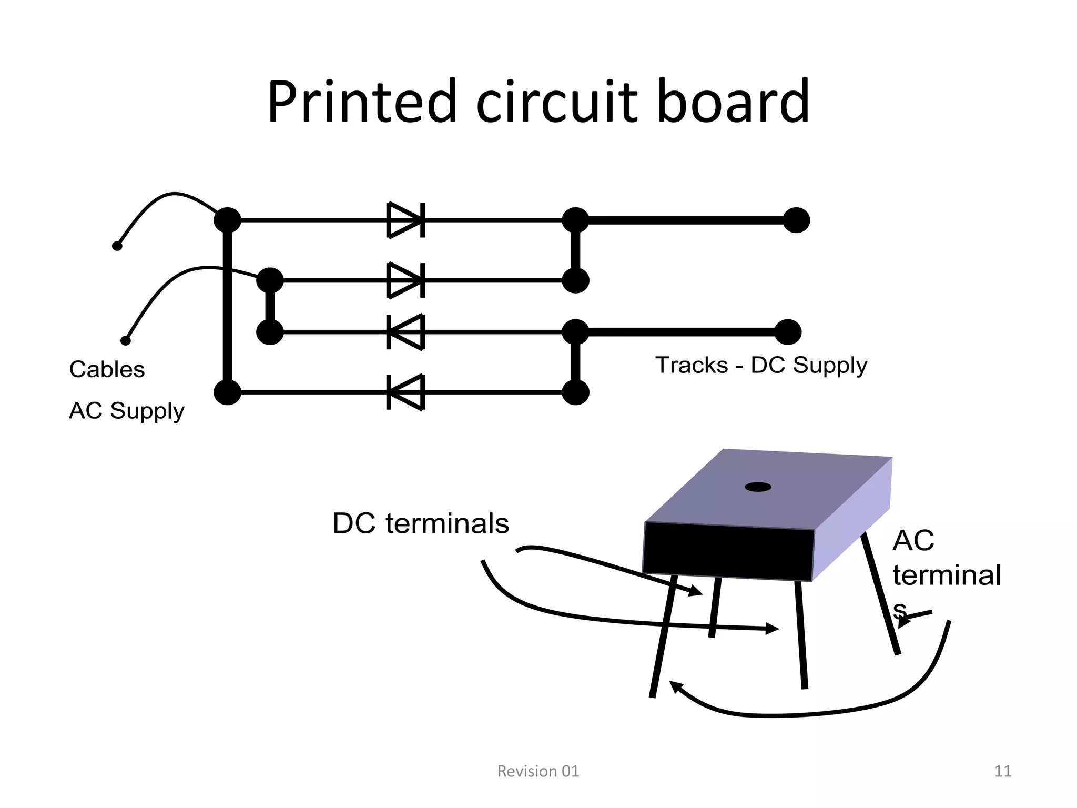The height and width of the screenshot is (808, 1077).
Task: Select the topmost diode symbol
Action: pyautogui.click(x=405, y=220)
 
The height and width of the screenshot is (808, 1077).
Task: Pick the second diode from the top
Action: pyautogui.click(x=405, y=280)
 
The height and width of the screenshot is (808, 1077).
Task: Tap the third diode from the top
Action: pyautogui.click(x=405, y=332)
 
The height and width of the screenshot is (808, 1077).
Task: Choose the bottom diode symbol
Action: pyautogui.click(x=405, y=392)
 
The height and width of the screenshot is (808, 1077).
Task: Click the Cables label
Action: pyautogui.click(x=107, y=369)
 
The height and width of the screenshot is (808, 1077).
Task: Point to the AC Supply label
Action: pyautogui.click(x=126, y=411)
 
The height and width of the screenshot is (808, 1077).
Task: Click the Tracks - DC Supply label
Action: pyautogui.click(x=761, y=365)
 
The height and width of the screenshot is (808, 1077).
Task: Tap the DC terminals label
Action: pyautogui.click(x=421, y=523)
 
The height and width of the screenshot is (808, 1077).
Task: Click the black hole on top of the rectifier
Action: pyautogui.click(x=758, y=487)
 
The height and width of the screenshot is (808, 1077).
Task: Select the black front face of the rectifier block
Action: pyautogui.click(x=728, y=551)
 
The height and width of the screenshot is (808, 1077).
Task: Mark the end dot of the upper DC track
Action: pyautogui.click(x=796, y=220)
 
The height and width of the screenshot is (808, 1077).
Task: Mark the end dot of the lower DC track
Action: pyautogui.click(x=788, y=332)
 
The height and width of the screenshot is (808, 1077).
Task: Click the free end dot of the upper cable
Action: pyautogui.click(x=117, y=246)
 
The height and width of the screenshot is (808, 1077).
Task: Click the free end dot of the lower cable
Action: pyautogui.click(x=126, y=340)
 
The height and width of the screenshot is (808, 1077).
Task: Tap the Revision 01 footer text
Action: pyautogui.click(x=538, y=771)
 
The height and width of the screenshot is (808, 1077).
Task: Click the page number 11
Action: pyautogui.click(x=1003, y=771)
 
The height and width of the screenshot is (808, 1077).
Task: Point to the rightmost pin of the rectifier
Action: pyautogui.click(x=881, y=594)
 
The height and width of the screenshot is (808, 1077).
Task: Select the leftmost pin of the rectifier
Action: pyautogui.click(x=662, y=637)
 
